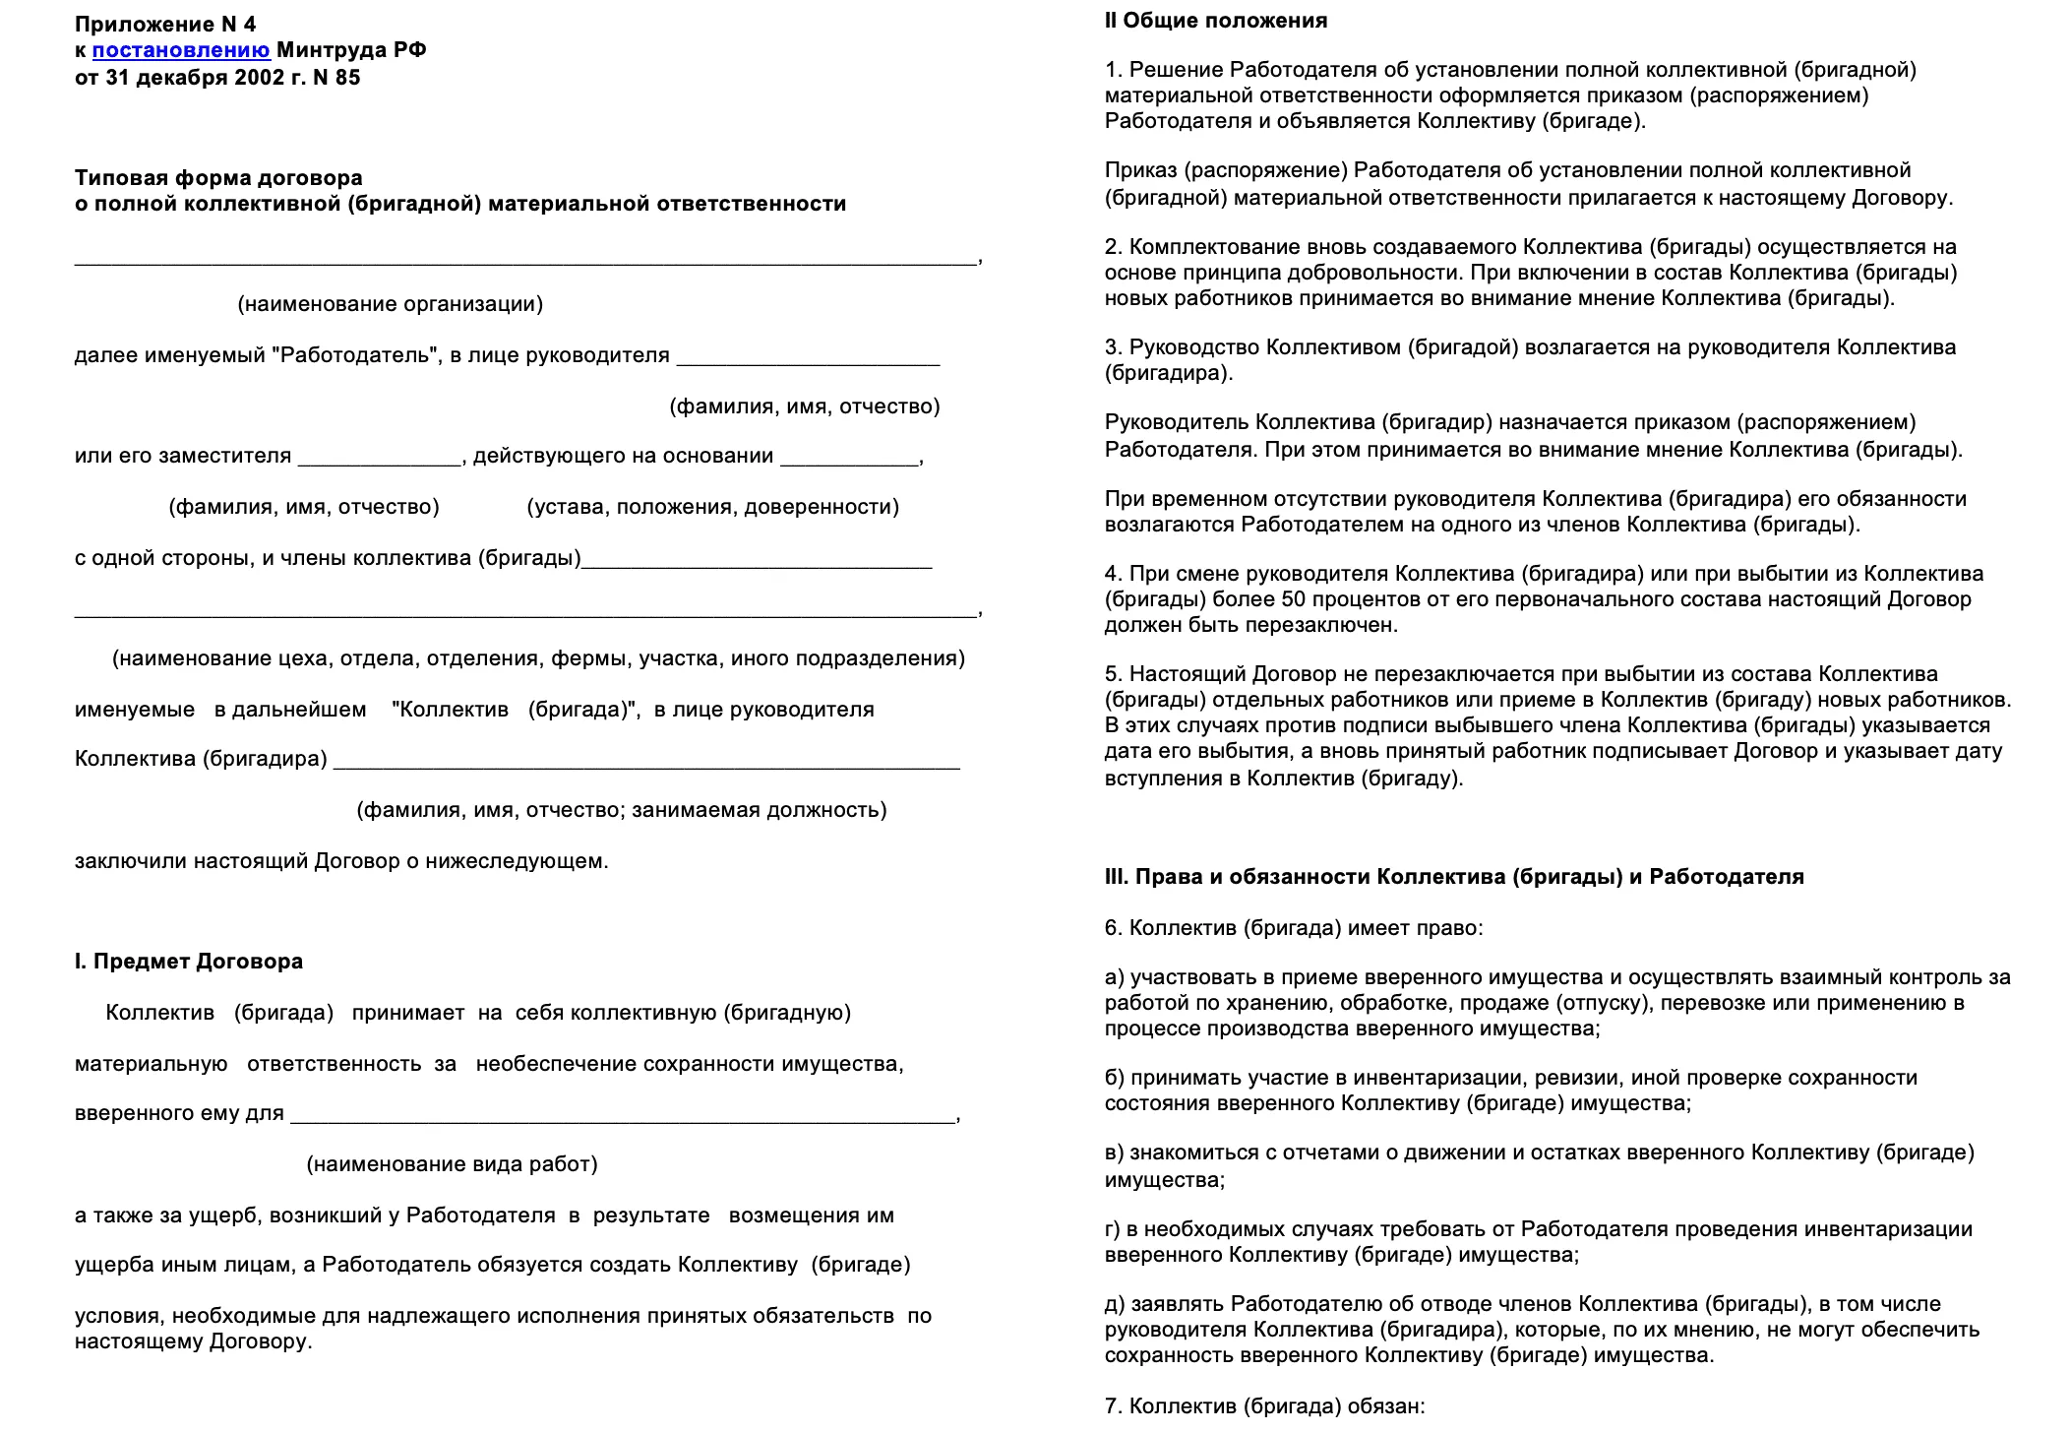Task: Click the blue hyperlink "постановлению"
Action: [x=181, y=50]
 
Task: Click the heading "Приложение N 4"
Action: [x=165, y=24]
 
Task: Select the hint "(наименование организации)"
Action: [x=390, y=304]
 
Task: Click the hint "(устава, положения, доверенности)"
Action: [x=712, y=507]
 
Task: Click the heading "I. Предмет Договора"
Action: [x=189, y=962]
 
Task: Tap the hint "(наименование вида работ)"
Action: [x=452, y=1164]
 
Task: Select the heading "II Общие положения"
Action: [x=1215, y=21]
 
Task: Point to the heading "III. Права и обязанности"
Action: [x=1453, y=877]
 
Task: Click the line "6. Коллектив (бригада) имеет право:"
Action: [x=1293, y=928]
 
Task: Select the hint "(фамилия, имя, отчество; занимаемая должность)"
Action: [x=621, y=810]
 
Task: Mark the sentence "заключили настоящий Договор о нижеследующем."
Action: [x=341, y=861]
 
